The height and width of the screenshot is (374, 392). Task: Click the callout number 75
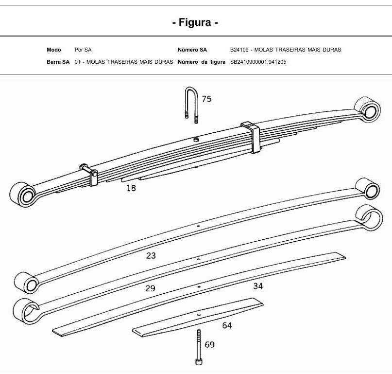(x=206, y=99)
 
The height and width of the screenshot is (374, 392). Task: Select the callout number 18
(x=131, y=188)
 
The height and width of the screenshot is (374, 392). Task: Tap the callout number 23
(x=151, y=256)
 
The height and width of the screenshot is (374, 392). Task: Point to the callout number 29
(x=150, y=288)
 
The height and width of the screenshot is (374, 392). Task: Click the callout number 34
(x=258, y=286)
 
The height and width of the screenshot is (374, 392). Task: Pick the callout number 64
(x=227, y=325)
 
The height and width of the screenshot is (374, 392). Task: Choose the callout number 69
(x=209, y=345)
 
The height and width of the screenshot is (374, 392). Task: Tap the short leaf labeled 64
(x=198, y=317)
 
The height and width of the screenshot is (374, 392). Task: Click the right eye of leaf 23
(x=368, y=189)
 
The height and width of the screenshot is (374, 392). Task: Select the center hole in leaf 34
(x=199, y=286)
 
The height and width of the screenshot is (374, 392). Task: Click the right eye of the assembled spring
(x=368, y=109)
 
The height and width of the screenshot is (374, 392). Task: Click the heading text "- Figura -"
(x=195, y=22)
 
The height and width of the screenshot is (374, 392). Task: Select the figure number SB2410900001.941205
(x=258, y=62)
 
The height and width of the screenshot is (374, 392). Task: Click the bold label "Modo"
(x=54, y=50)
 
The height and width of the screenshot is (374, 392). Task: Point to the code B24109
(x=239, y=50)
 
